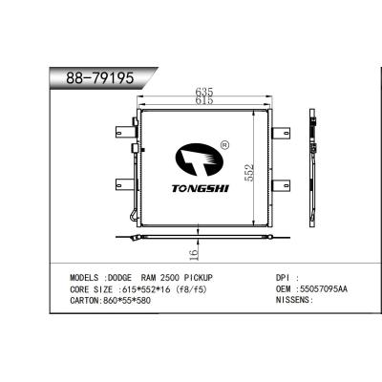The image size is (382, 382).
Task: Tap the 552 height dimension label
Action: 250,173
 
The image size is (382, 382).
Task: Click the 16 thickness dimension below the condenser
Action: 194,252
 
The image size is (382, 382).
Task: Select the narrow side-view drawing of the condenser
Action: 315,172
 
